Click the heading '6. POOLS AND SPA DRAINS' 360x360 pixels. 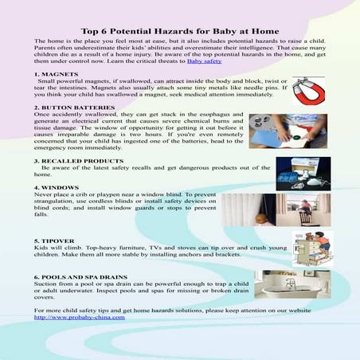click(x=80, y=276)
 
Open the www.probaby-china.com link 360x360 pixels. click(x=80, y=317)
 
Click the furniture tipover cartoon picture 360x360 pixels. click(x=307, y=249)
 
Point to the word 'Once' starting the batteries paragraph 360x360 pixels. click(x=43, y=114)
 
